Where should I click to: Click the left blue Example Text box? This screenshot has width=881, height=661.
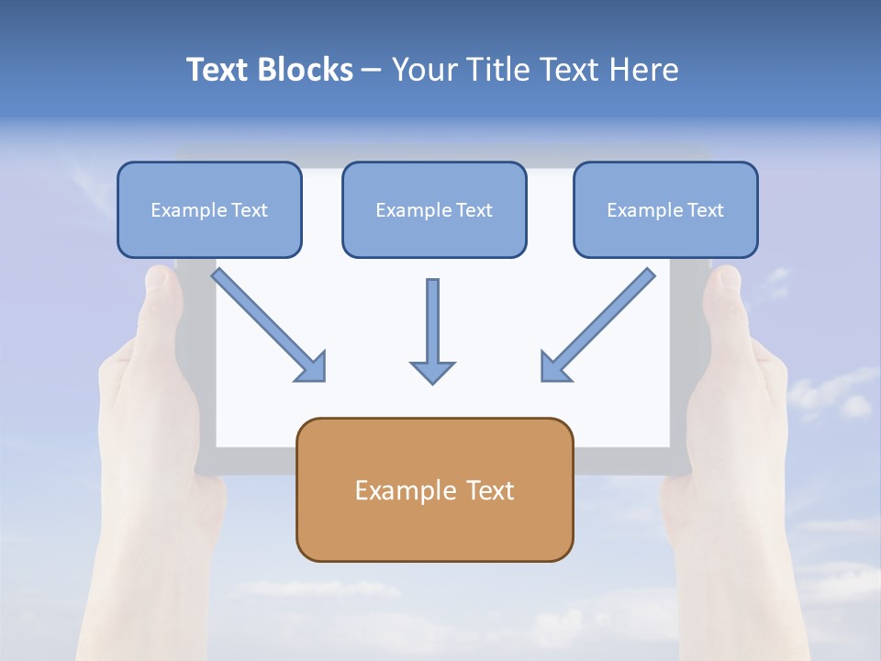coord(209,209)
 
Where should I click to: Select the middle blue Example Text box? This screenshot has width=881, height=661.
coord(434,209)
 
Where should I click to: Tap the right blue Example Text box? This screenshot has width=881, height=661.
coord(665,209)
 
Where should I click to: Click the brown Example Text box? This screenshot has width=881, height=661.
coord(435,489)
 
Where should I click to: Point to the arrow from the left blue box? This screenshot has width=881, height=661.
coord(266,322)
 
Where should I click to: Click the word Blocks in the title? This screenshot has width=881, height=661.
coord(306,70)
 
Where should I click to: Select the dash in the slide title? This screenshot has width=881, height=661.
coord(373,71)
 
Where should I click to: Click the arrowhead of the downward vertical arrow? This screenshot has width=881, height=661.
coord(432,371)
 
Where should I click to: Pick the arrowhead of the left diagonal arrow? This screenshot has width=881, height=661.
coord(312,367)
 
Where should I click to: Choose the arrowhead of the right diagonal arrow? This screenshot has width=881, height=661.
coord(554,367)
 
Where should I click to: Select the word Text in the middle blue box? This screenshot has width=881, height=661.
coord(474,210)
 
